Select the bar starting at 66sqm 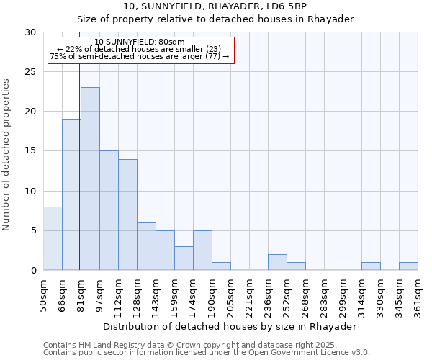71,194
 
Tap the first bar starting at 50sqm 53,238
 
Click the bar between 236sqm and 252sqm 277,262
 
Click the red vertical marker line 79,144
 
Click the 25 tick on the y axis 30,72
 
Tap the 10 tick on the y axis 30,191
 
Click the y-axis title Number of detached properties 6,155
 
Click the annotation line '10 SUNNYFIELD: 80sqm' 140,42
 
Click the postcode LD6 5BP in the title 287,6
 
